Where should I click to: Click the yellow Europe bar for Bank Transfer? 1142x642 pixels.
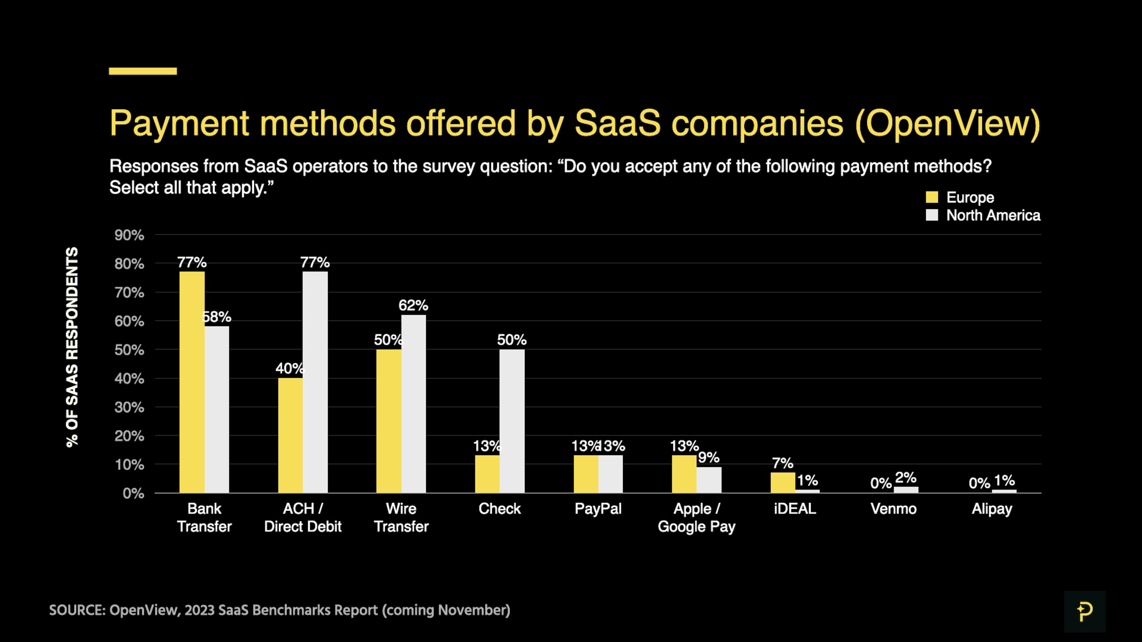click(192, 382)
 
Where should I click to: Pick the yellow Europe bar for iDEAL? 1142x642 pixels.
click(782, 482)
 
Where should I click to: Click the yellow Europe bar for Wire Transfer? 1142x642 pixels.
click(388, 421)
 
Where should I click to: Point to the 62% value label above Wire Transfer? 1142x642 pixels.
click(413, 305)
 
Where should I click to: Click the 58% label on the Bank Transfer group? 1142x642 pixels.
click(217, 317)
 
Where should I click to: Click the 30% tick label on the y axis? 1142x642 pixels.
click(129, 407)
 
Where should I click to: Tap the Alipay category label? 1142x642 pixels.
click(992, 509)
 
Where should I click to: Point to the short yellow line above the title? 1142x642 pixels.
click(143, 71)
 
